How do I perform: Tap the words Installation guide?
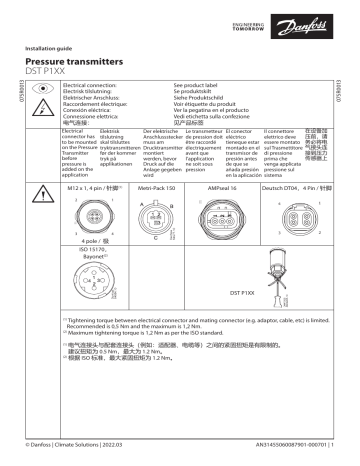[60, 46]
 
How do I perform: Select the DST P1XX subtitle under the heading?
[56, 72]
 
